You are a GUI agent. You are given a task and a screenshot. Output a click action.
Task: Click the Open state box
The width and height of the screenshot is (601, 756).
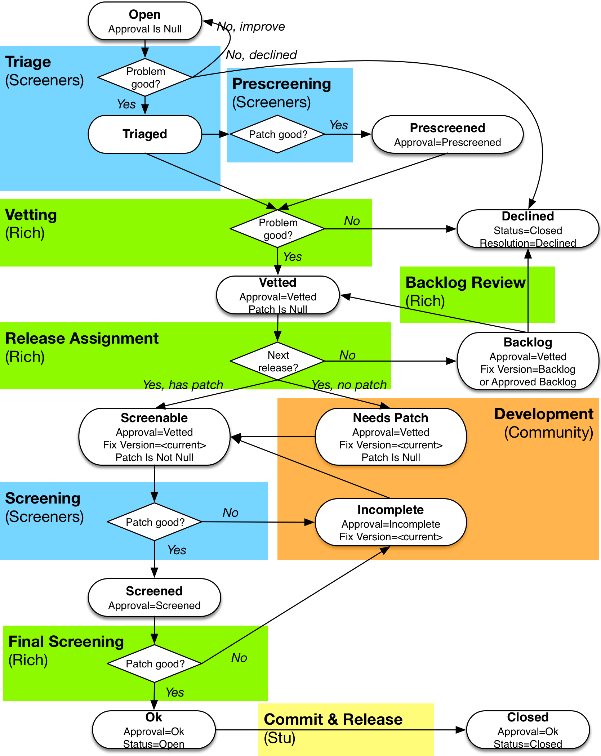point(145,21)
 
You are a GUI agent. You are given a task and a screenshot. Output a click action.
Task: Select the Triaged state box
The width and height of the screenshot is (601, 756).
point(145,134)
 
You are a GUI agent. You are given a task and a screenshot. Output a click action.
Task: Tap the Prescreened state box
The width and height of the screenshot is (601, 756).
point(447,134)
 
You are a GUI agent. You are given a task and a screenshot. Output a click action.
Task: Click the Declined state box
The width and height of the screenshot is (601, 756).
point(527,229)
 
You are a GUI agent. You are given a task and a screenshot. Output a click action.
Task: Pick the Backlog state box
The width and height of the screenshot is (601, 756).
point(527,361)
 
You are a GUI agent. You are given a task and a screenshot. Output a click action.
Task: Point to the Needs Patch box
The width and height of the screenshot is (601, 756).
point(391,437)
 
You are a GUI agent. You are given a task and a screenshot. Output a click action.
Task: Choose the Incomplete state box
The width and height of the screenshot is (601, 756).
point(391,522)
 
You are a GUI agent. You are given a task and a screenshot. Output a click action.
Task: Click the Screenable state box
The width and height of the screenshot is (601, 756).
point(154,437)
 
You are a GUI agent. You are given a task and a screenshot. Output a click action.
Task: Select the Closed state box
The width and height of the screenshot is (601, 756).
point(527,730)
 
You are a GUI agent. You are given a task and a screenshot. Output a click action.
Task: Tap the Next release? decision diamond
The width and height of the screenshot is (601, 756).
point(277,361)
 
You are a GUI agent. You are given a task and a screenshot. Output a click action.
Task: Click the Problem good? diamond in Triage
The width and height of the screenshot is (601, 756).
point(145,77)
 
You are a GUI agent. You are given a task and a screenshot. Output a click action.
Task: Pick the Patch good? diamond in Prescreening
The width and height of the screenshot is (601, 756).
point(277,134)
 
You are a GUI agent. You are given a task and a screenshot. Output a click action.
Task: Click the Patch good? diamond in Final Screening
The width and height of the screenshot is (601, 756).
point(155,663)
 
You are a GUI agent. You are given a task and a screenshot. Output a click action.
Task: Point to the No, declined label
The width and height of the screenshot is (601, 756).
point(261,55)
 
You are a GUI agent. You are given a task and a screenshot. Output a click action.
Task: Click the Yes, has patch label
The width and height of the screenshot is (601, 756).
point(183,385)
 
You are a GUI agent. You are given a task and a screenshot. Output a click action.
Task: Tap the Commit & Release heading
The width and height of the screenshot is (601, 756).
point(333,719)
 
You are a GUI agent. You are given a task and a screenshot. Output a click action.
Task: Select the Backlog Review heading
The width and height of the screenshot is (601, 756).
point(465,283)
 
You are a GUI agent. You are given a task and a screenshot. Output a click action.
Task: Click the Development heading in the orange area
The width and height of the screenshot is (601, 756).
point(543,414)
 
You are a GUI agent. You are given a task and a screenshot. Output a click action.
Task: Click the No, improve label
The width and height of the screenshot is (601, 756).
point(251,26)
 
